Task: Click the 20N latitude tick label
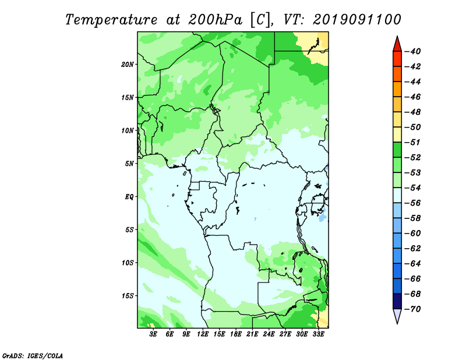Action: (128, 65)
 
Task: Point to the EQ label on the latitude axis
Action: (129, 197)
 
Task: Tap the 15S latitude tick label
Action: (128, 296)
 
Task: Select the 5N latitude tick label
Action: (129, 164)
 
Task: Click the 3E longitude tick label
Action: (153, 334)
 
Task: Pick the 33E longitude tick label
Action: (318, 334)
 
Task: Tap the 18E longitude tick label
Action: (236, 334)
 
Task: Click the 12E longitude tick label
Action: (203, 334)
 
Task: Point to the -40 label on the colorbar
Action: (412, 51)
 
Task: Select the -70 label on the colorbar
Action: (412, 309)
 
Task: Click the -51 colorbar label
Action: (412, 142)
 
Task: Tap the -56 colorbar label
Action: (412, 203)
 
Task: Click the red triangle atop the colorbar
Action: (397, 45)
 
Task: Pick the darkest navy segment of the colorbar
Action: (397, 301)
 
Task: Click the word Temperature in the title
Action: (111, 20)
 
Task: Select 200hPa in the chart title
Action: (215, 20)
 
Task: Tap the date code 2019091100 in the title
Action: (357, 20)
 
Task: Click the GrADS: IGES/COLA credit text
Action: (33, 356)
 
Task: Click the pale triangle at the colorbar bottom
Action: (397, 316)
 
